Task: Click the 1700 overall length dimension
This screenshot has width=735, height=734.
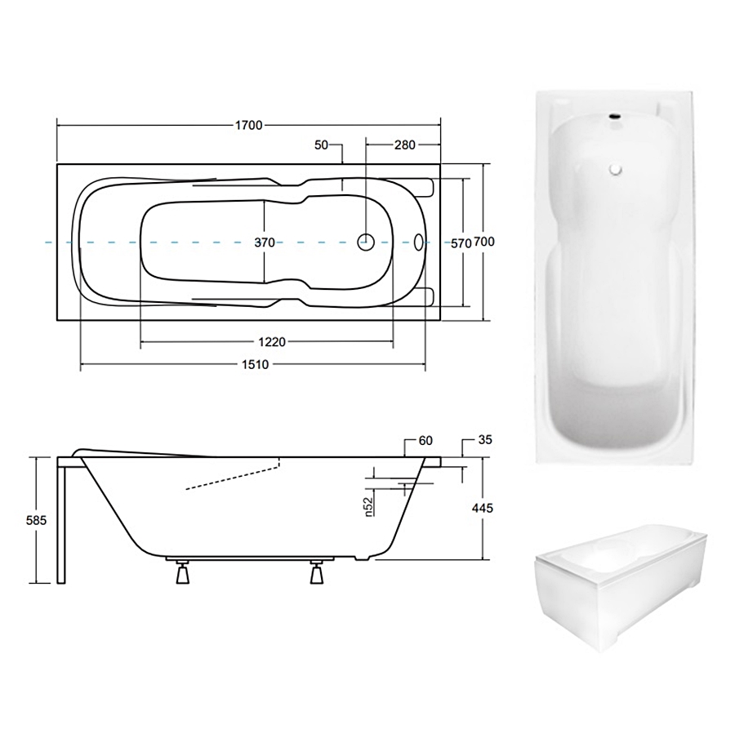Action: (x=248, y=126)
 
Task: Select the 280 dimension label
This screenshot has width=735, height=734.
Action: (x=404, y=145)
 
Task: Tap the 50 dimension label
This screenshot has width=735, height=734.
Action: (x=321, y=145)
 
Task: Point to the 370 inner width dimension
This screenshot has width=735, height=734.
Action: (x=265, y=242)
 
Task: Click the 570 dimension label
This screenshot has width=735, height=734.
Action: (x=461, y=244)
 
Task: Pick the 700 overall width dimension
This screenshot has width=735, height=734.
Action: (x=484, y=242)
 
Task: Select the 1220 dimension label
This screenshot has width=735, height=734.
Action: (x=272, y=342)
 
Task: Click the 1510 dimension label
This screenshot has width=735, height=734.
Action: (x=256, y=365)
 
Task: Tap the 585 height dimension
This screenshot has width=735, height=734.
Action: (x=36, y=520)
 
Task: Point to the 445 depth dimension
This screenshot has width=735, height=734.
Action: (x=483, y=508)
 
